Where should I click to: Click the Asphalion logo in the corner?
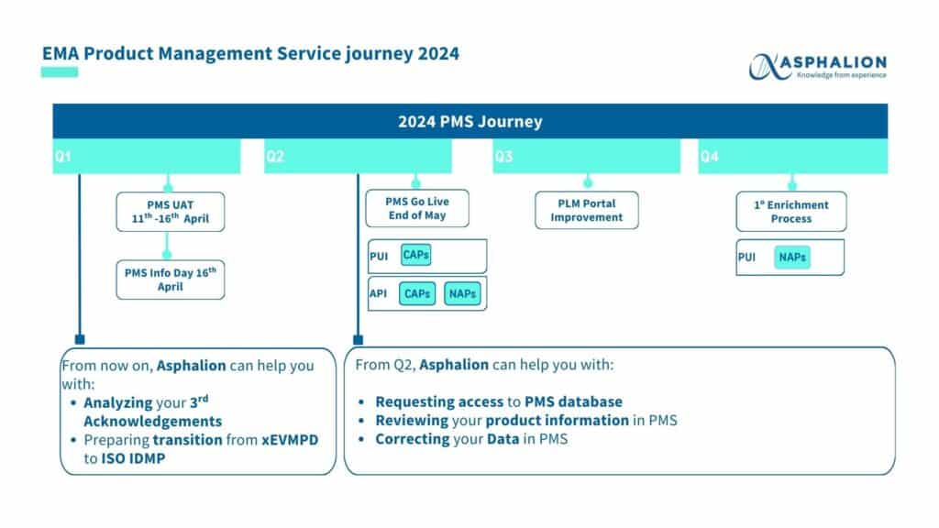tap(818, 66)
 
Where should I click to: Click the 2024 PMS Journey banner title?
tap(469, 121)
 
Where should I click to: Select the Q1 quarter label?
tap(62, 157)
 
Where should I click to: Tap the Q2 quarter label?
tap(275, 157)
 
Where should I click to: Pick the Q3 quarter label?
tap(503, 157)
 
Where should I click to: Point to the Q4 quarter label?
tap(710, 157)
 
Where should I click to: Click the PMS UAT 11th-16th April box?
tap(171, 212)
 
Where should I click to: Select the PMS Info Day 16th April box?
tap(170, 280)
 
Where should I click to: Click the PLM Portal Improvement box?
tap(587, 210)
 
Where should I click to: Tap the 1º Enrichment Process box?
tap(791, 212)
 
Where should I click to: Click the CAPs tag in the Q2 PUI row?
tap(415, 255)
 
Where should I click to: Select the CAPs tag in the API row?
tap(418, 294)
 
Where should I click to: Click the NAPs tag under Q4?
tap(792, 258)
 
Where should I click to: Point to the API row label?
tap(379, 294)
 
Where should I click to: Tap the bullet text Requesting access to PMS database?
tap(499, 401)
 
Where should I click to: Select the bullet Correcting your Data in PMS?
tap(471, 439)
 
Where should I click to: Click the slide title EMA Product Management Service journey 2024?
tap(250, 53)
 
